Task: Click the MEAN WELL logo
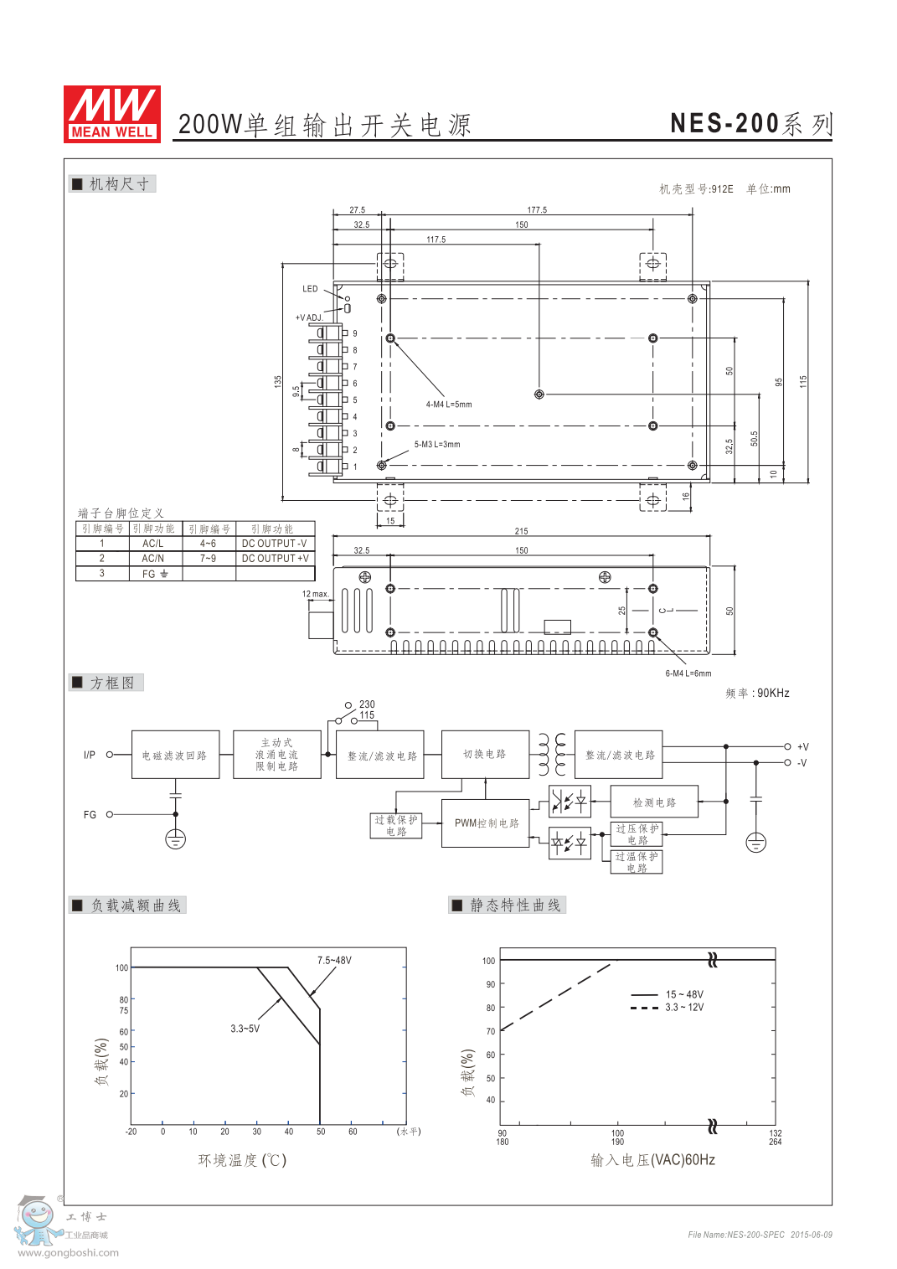click(112, 113)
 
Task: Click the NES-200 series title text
click(750, 124)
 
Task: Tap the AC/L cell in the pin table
click(152, 544)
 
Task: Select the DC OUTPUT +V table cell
click(275, 558)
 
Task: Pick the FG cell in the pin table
click(155, 574)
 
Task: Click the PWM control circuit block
click(486, 823)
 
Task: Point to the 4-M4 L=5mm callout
click(448, 405)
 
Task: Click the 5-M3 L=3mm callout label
click(436, 445)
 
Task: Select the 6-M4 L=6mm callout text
click(688, 673)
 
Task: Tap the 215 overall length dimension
click(521, 531)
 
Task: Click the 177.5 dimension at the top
click(537, 210)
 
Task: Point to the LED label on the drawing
click(310, 289)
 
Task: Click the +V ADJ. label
click(308, 318)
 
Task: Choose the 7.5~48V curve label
click(334, 961)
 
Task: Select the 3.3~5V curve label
click(245, 1029)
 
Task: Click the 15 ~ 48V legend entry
click(684, 995)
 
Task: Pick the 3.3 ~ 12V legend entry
click(684, 1008)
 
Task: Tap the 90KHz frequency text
click(772, 694)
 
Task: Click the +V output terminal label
click(802, 747)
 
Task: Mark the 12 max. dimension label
click(315, 594)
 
